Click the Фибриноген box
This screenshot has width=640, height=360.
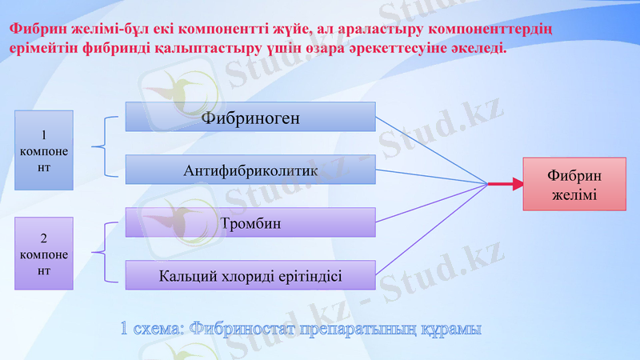pyautogui.click(x=250, y=118)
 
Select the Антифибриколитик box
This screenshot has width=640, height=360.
pyautogui.click(x=250, y=170)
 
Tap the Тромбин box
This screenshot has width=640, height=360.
pyautogui.click(x=250, y=222)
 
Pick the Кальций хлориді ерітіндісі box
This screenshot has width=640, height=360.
pyautogui.click(x=250, y=274)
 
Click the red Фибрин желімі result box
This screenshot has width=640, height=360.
pyautogui.click(x=574, y=185)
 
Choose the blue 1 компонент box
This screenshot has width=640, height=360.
pyautogui.click(x=44, y=150)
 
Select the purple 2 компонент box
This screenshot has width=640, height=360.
pyautogui.click(x=44, y=253)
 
